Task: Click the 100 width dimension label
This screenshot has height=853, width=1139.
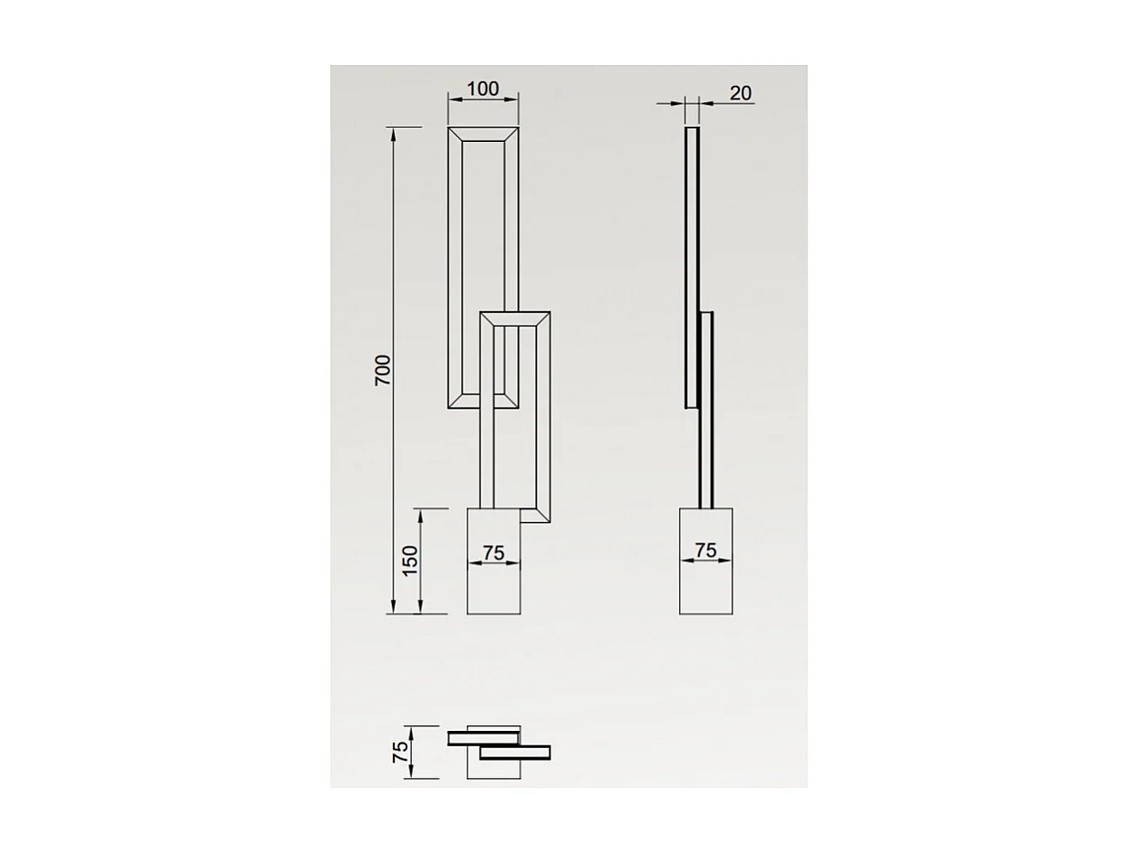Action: [x=483, y=89]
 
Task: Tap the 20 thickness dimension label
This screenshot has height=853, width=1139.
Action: [x=740, y=93]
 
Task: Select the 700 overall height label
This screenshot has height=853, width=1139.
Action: [x=384, y=370]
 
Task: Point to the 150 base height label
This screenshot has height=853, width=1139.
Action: [x=410, y=561]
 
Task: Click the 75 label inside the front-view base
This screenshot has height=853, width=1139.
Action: [x=493, y=552]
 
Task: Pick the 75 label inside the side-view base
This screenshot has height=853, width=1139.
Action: [x=705, y=549]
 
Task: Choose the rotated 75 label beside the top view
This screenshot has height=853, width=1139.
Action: [x=400, y=752]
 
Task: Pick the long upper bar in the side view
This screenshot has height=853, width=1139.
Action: [x=693, y=267]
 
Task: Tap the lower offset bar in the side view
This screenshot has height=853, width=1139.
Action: [x=707, y=407]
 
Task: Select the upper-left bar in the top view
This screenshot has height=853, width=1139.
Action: [x=482, y=738]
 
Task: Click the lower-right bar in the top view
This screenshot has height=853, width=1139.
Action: [x=515, y=753]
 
